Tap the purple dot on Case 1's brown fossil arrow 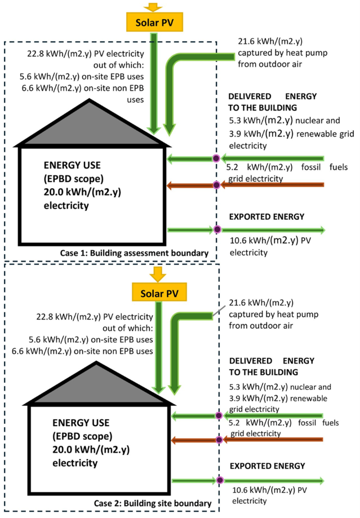click(216, 185)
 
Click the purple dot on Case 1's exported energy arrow click(217, 229)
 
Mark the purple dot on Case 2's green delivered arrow click(219, 416)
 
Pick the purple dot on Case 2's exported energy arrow click(219, 481)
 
